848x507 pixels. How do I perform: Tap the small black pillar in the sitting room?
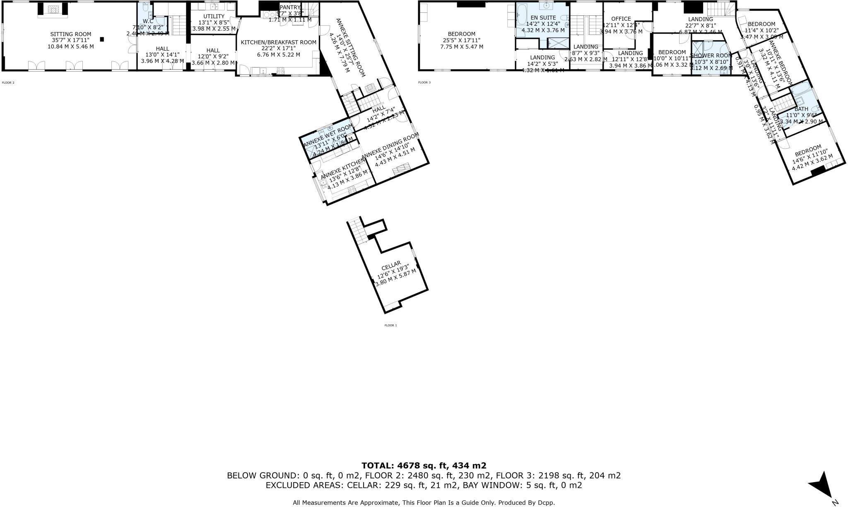[x=102, y=39]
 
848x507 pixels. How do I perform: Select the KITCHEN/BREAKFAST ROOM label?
[x=278, y=42]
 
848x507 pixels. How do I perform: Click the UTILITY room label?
[x=214, y=16]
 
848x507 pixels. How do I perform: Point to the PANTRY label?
[x=290, y=7]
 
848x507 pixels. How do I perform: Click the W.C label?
[x=148, y=21]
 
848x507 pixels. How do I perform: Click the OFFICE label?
[x=621, y=19]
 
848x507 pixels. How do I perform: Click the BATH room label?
[x=801, y=109]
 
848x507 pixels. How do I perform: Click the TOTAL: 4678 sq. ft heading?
[x=424, y=466]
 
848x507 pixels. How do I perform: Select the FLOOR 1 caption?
[x=390, y=326]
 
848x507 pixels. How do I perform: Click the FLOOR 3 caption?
[x=424, y=82]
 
